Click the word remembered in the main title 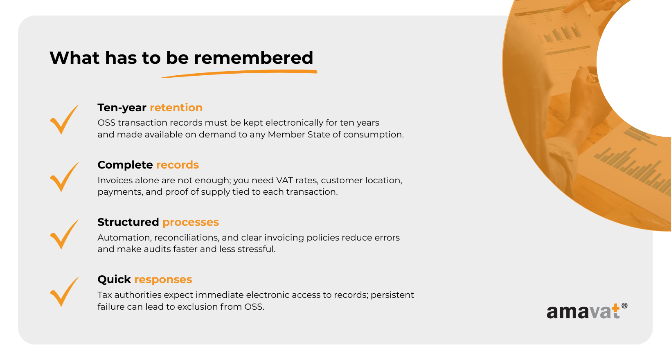[x=253, y=58]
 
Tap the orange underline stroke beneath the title [x=239, y=73]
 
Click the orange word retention [x=176, y=108]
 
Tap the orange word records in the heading [x=177, y=165]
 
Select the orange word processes [x=191, y=222]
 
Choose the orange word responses [x=163, y=279]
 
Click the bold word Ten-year [x=122, y=108]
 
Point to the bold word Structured [x=128, y=222]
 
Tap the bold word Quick [x=114, y=279]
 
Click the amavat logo [x=587, y=311]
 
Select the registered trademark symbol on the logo [x=624, y=306]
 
